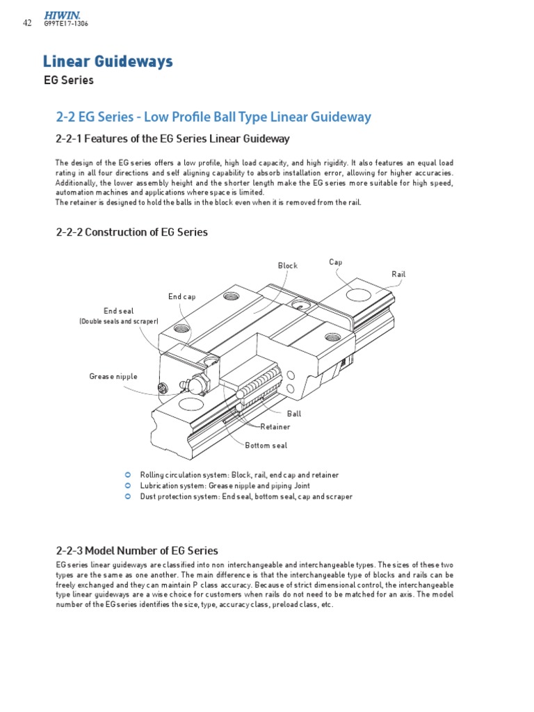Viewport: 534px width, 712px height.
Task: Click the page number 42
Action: pyautogui.click(x=27, y=23)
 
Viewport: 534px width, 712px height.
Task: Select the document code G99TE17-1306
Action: pyautogui.click(x=66, y=24)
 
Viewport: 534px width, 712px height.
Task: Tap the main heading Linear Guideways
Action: pyautogui.click(x=108, y=62)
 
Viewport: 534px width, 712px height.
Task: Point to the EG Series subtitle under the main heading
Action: pyautogui.click(x=68, y=80)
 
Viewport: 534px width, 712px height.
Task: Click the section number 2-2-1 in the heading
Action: pyautogui.click(x=70, y=139)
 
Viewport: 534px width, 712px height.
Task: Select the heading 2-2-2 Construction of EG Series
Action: pyautogui.click(x=131, y=232)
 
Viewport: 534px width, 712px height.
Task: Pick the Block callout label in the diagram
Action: pyautogui.click(x=287, y=266)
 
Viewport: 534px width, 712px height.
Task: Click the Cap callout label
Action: pyautogui.click(x=335, y=262)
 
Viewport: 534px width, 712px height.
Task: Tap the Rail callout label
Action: pyautogui.click(x=398, y=274)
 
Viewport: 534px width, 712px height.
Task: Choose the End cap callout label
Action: pyautogui.click(x=181, y=297)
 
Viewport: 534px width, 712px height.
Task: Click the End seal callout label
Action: pyautogui.click(x=118, y=311)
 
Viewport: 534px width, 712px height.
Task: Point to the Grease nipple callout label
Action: pyautogui.click(x=113, y=376)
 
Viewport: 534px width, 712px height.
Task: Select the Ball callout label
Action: pyautogui.click(x=304, y=413)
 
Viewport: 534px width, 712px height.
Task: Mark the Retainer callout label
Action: pyautogui.click(x=275, y=426)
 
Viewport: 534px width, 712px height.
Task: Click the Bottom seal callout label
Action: pyautogui.click(x=266, y=445)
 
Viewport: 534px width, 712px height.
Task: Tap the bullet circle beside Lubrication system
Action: pyautogui.click(x=127, y=485)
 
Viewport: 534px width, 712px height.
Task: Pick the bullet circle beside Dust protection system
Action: pyautogui.click(x=127, y=496)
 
